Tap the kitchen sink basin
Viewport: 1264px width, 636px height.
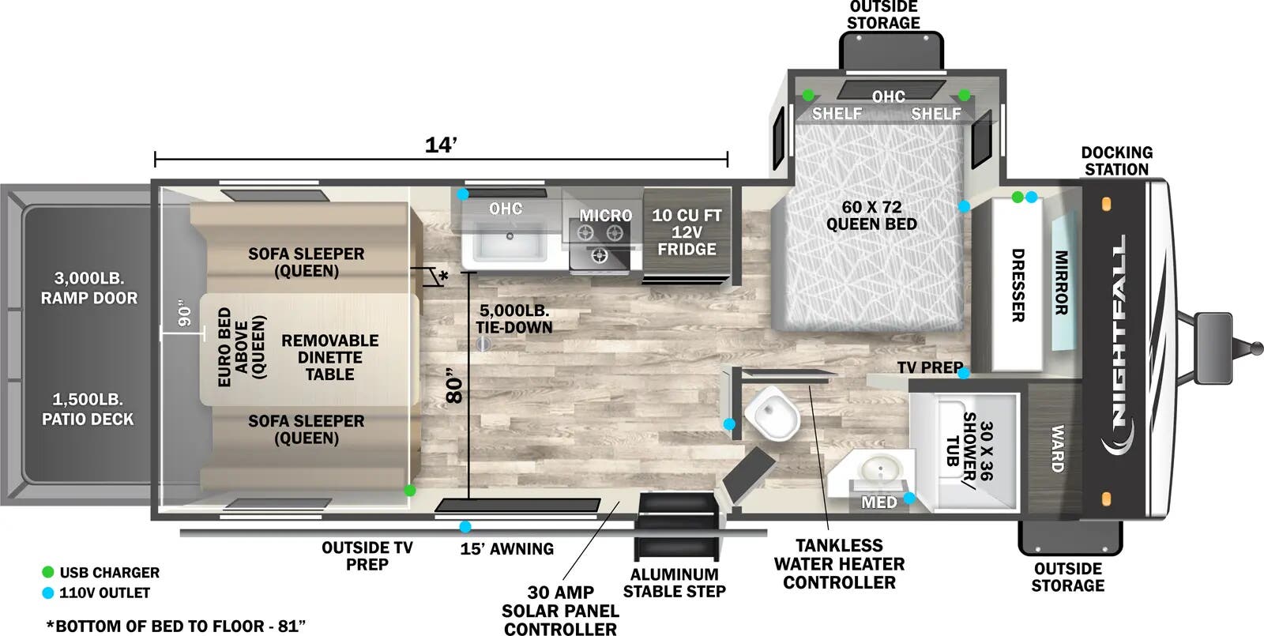point(510,241)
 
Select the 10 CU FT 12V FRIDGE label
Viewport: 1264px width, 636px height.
point(687,232)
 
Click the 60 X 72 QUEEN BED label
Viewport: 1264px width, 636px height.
point(872,216)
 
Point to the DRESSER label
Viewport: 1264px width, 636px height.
point(1018,285)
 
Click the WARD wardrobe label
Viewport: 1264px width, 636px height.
point(1058,449)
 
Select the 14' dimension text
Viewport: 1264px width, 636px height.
point(441,145)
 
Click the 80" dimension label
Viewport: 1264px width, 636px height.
point(454,386)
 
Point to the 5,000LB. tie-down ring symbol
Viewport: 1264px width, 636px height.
point(483,343)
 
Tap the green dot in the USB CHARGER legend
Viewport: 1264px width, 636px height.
point(48,572)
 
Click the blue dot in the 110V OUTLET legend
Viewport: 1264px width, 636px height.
point(48,593)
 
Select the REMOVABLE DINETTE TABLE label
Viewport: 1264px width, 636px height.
point(330,357)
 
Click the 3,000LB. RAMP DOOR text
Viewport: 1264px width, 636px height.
point(89,288)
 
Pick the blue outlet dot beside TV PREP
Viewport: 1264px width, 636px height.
point(964,373)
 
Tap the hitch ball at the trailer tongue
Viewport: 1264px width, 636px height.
point(1257,348)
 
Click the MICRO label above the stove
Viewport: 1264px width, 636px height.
point(605,215)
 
